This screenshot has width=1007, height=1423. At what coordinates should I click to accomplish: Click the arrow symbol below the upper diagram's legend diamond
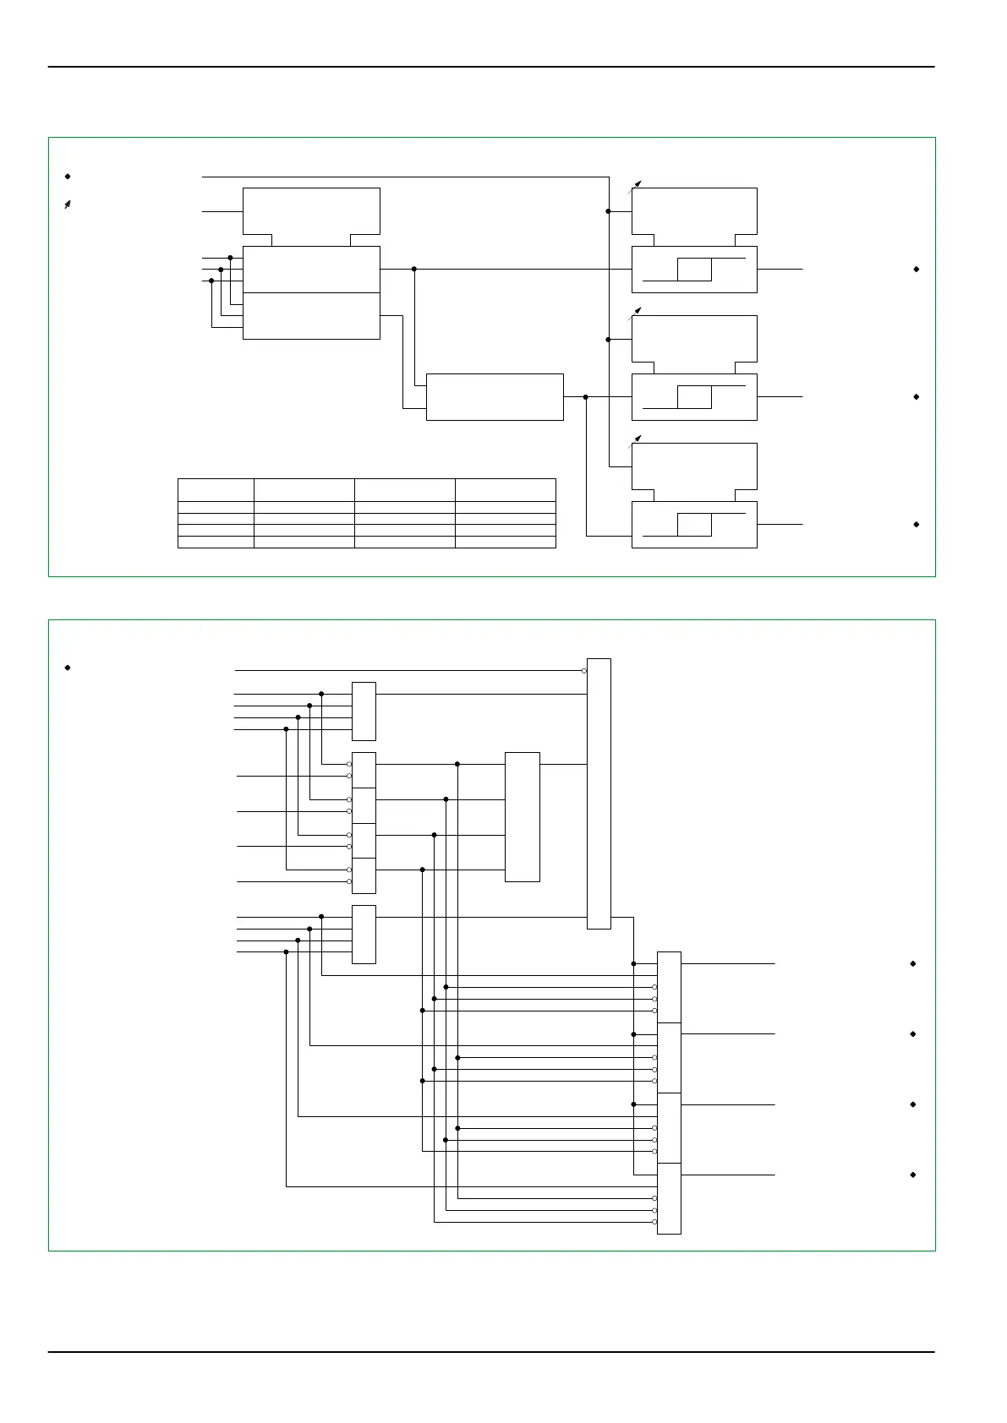67,204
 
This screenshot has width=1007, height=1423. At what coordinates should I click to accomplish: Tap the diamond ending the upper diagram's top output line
917,270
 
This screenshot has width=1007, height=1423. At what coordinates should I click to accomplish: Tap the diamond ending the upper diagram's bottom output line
917,525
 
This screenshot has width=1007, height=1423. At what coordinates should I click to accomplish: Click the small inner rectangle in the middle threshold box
694,396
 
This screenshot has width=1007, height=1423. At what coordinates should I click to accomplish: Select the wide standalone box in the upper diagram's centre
495,396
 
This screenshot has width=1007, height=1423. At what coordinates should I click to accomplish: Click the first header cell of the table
216,489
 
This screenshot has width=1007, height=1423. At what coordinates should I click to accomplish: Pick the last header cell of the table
505,489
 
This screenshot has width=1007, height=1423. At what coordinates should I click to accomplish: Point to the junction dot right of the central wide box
585,396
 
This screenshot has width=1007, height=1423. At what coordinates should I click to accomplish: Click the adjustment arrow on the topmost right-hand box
638,183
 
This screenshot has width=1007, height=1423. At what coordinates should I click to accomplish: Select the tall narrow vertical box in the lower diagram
599,793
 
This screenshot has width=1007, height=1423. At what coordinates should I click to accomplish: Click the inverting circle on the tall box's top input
583,671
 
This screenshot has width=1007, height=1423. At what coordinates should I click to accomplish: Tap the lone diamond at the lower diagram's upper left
67,668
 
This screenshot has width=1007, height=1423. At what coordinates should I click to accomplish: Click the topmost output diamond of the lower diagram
913,963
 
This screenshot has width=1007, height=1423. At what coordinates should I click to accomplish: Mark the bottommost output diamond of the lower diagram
913,1175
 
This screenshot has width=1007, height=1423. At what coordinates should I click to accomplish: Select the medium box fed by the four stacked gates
522,816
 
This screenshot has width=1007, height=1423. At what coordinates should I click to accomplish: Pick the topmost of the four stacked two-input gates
364,770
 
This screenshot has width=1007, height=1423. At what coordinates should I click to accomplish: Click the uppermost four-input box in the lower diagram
364,711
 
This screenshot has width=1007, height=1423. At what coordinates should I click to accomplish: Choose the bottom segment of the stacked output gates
669,1198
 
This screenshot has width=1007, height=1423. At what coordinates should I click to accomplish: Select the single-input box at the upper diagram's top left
311,211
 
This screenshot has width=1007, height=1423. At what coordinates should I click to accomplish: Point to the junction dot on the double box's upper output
414,270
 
